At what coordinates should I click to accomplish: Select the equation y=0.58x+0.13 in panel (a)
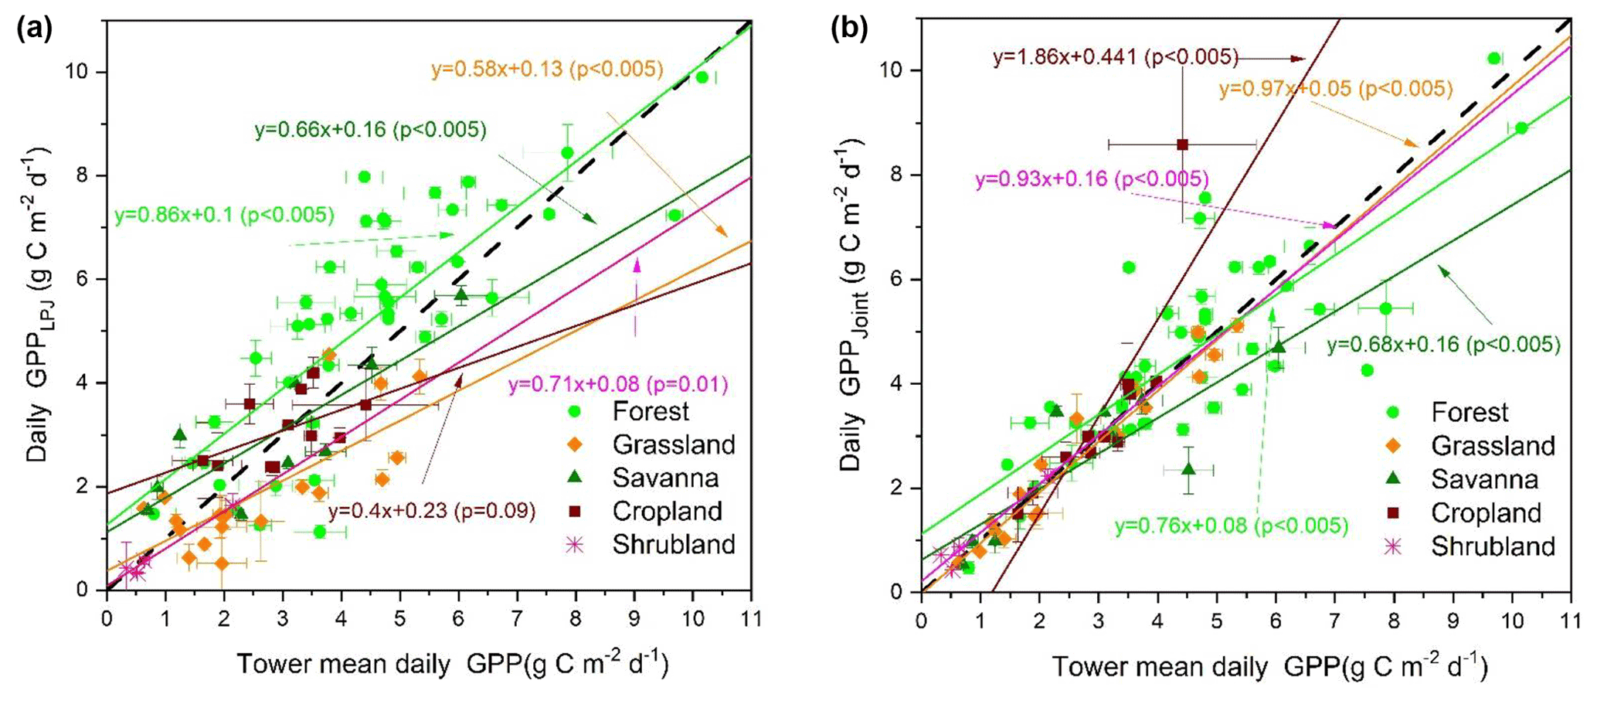[x=547, y=70]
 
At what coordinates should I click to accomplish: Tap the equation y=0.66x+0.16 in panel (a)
[x=371, y=130]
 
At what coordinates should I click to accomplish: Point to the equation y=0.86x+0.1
[x=224, y=215]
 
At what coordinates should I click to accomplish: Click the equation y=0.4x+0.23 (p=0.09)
[x=432, y=511]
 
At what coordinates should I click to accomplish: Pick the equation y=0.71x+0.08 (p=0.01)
[x=618, y=384]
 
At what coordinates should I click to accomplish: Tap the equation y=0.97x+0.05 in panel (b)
[x=1336, y=89]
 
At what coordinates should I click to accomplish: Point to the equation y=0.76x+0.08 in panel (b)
[x=1231, y=526]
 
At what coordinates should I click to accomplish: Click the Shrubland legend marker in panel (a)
[x=574, y=544]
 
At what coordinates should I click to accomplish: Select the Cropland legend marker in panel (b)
[x=1393, y=512]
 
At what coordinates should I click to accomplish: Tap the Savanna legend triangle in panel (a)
[x=574, y=478]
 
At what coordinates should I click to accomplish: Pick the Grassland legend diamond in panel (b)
[x=1393, y=446]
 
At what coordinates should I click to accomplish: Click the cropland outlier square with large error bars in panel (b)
[x=1182, y=144]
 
